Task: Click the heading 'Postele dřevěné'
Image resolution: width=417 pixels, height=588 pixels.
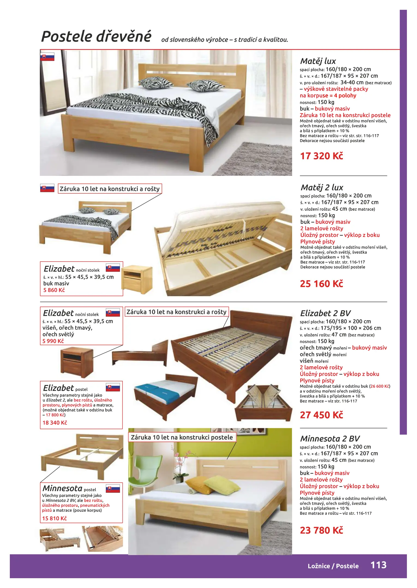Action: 96,37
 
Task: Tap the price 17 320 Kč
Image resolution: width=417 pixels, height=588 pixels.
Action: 321,156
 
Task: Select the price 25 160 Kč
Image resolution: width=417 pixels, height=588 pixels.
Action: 321,284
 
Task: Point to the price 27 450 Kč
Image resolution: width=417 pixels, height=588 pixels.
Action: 321,415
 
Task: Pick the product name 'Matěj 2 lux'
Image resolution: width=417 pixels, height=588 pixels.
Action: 322,188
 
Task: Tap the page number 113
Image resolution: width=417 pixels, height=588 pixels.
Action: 378,565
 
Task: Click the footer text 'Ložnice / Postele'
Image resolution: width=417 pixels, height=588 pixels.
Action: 333,566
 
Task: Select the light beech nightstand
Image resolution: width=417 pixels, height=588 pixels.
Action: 137,280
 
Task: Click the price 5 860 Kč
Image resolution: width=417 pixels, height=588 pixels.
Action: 54,290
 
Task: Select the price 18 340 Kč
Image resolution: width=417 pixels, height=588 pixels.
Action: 55,422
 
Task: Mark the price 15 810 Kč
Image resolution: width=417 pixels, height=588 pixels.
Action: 54,518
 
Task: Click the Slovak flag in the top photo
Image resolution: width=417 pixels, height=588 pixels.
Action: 47,57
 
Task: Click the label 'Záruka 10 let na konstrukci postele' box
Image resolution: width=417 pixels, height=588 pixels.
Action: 182,437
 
